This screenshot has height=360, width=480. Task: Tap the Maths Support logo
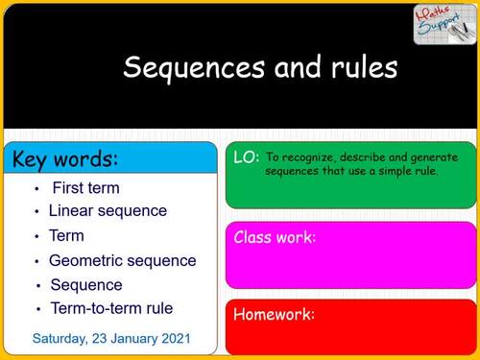(444, 25)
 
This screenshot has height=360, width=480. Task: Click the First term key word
(85, 187)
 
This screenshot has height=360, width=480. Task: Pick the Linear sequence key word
(108, 211)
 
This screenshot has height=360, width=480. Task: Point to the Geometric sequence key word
(122, 260)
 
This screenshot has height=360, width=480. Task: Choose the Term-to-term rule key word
(110, 308)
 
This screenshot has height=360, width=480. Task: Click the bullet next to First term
(36, 189)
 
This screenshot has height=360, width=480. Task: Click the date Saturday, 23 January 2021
(111, 339)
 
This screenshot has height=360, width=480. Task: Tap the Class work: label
(275, 237)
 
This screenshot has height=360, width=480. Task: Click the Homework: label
(274, 314)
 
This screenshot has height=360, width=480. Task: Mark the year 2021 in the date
(175, 339)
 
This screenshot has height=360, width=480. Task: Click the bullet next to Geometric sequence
(36, 261)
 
